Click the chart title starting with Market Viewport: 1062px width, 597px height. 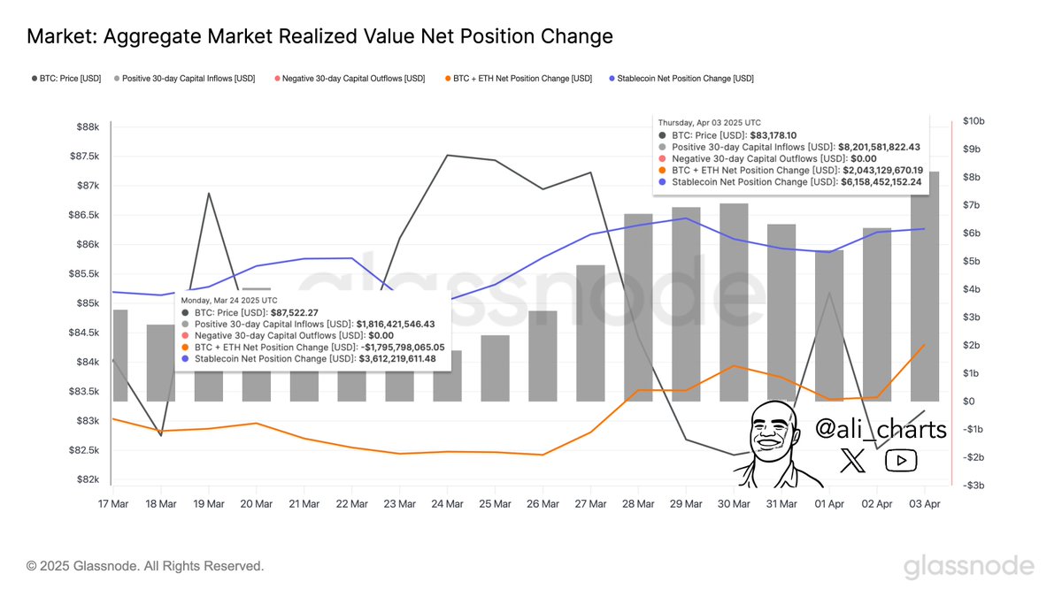pos(319,36)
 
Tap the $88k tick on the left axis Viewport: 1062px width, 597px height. pos(87,127)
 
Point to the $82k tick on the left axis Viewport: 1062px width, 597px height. pos(87,479)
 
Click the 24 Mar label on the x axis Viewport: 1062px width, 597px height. pos(447,504)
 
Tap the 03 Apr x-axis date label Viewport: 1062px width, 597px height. pos(925,504)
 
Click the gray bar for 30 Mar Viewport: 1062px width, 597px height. pos(734,302)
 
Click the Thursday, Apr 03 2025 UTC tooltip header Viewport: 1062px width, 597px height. pos(708,122)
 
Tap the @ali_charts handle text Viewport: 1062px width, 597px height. pos(880,430)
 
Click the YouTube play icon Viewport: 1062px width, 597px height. pos(901,460)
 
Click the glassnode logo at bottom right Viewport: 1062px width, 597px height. pos(968,567)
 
